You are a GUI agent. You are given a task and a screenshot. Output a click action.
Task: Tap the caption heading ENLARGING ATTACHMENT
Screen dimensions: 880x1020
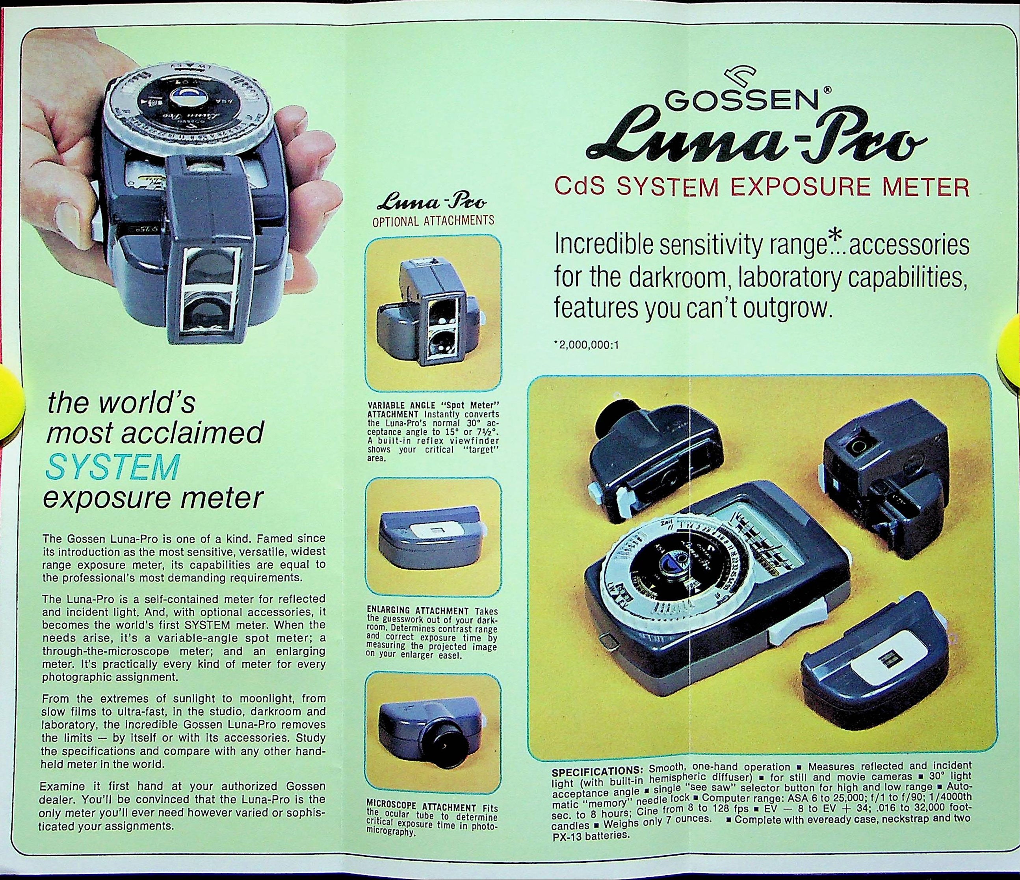pyautogui.click(x=418, y=611)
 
